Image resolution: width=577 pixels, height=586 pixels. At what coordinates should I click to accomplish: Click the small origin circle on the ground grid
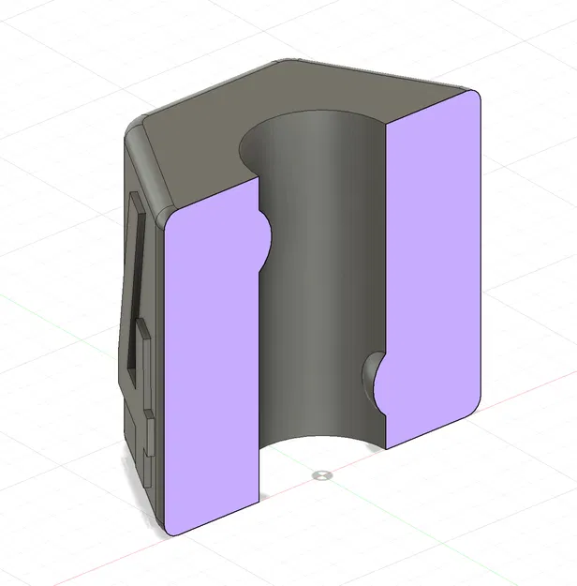pyautogui.click(x=323, y=475)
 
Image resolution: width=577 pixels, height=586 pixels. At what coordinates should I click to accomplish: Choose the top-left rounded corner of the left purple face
pyautogui.click(x=170, y=221)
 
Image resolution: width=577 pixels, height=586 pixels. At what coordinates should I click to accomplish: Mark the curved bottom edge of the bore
pyautogui.click(x=323, y=438)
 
